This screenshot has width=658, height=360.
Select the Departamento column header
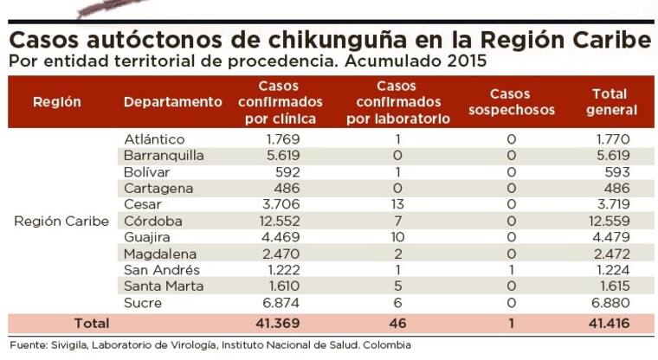click(172, 102)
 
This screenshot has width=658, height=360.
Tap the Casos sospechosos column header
click(511, 102)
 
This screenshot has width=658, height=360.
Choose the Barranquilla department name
click(164, 156)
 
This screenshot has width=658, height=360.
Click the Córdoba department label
click(152, 221)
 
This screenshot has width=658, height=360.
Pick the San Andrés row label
click(158, 270)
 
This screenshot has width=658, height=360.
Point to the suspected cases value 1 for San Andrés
click(511, 270)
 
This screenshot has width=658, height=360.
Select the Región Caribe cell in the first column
click(61, 221)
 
